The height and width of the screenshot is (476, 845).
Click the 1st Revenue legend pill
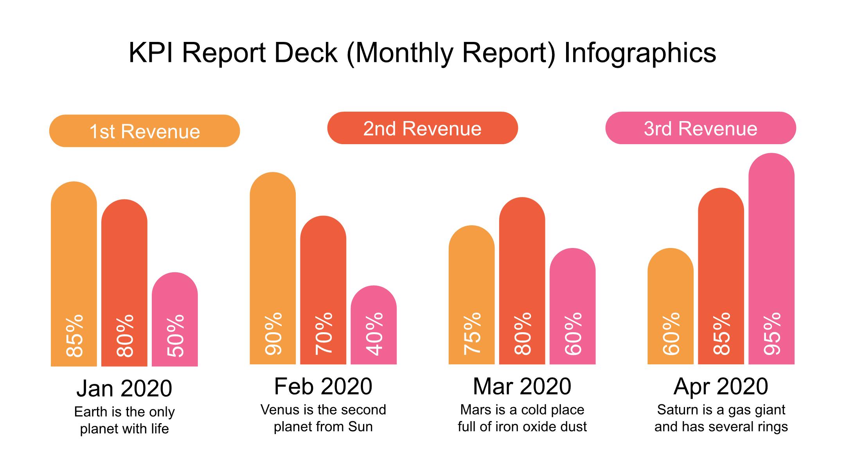144,131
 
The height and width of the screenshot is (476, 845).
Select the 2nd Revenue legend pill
422,128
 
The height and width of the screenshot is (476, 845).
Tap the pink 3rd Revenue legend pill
700,128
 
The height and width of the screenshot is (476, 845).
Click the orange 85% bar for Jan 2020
74,274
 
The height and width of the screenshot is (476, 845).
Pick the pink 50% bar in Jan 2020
174,319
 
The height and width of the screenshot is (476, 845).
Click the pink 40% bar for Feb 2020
373,325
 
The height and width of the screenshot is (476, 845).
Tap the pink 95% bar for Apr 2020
771,259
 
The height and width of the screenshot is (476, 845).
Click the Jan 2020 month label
124,388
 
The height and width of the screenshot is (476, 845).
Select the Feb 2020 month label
323,386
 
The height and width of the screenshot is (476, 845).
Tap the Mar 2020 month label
522,386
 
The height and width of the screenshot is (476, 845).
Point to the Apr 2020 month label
721,386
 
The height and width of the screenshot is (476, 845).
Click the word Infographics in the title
640,53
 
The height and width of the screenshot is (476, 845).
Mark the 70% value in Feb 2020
324,334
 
